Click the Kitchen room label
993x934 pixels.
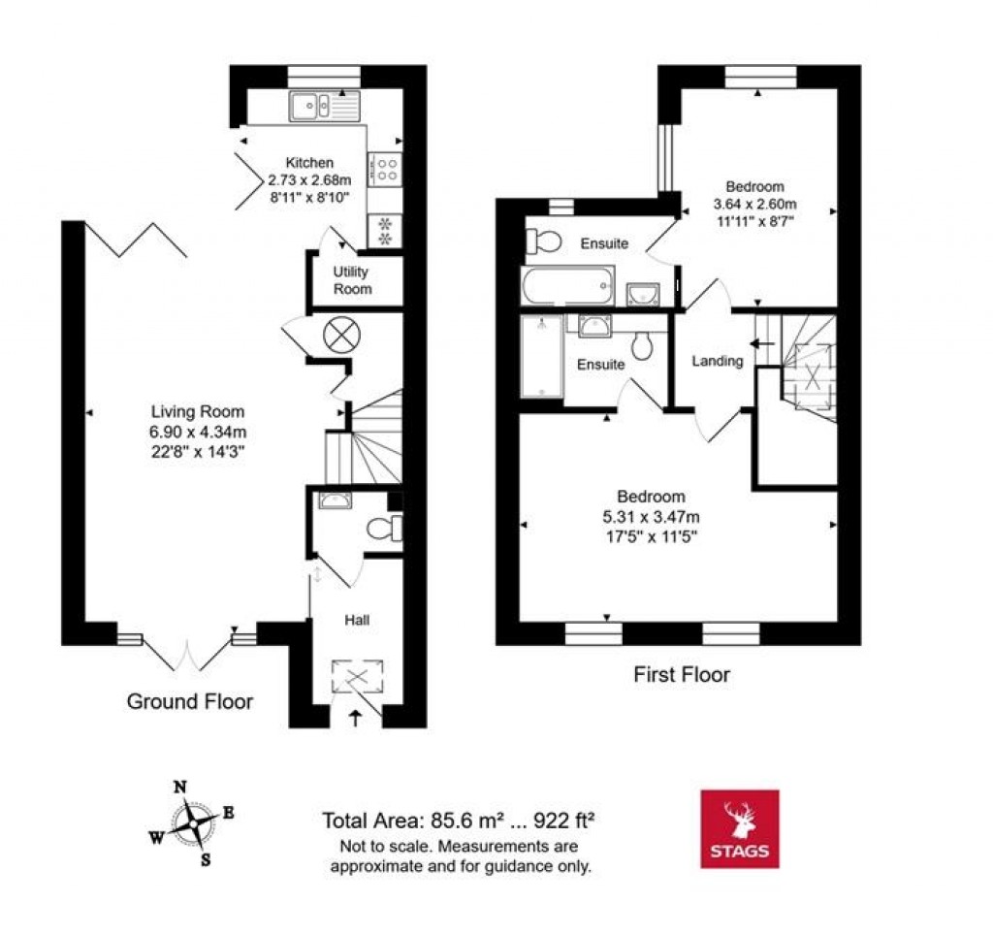[308, 163]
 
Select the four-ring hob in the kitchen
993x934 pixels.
[385, 170]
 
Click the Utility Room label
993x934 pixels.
[353, 280]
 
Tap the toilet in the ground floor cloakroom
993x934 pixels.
[384, 530]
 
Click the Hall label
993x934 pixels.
[357, 619]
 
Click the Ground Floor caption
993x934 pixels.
[190, 701]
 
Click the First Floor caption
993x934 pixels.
[682, 674]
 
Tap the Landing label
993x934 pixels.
[717, 361]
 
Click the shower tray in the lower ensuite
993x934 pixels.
[541, 358]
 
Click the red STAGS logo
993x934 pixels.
[739, 827]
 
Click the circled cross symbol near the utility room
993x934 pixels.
[339, 336]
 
